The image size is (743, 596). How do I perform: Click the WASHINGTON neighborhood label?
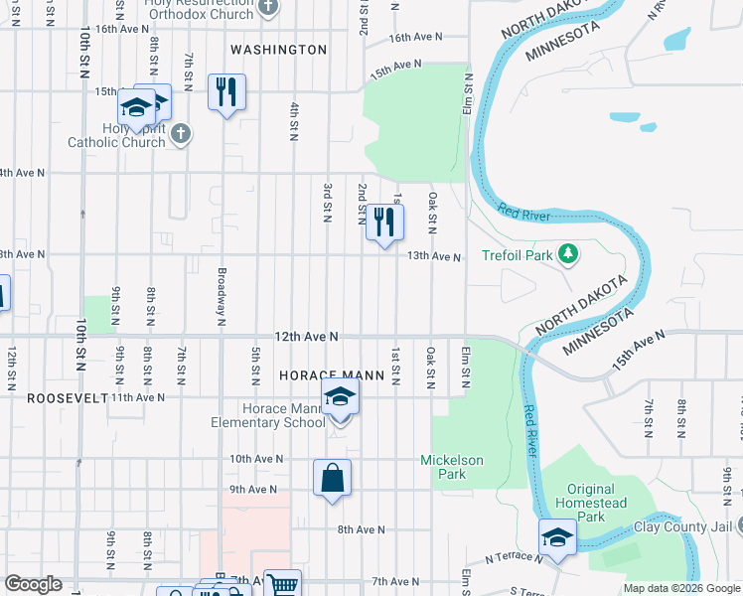tap(278, 50)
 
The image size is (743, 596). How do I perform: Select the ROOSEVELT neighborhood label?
tap(53, 397)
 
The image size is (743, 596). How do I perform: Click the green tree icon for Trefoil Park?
tap(568, 255)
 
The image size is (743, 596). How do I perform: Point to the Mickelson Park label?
tap(451, 467)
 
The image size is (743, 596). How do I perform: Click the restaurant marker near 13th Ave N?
tap(384, 223)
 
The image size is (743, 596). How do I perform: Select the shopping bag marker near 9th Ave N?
tap(333, 478)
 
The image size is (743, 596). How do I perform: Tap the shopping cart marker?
tap(282, 586)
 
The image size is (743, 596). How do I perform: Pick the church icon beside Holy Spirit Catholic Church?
tap(181, 134)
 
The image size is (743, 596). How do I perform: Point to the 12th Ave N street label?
tap(307, 338)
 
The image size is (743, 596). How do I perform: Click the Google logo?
tap(33, 584)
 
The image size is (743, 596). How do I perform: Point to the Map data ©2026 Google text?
tap(680, 588)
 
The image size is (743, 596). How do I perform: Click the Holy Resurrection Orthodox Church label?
tap(199, 8)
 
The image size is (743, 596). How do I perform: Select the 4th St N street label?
tap(294, 121)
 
